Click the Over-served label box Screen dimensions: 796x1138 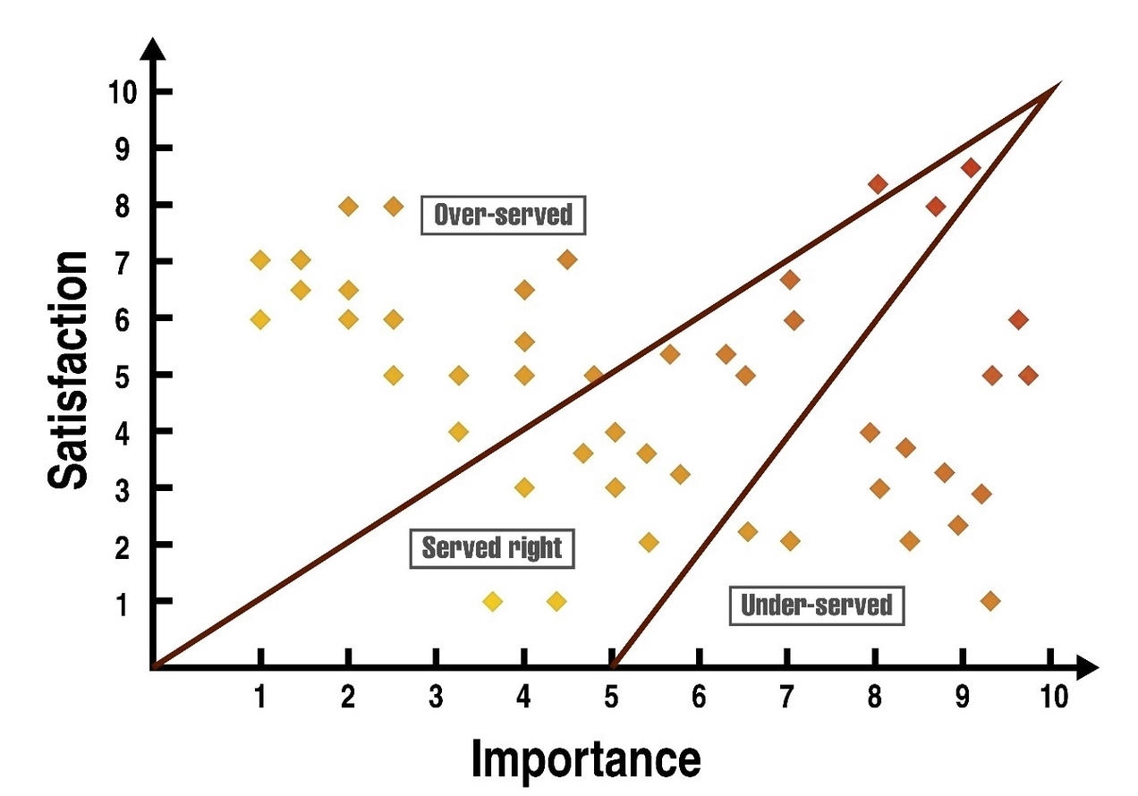tap(503, 216)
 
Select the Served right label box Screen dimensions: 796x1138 tap(491, 547)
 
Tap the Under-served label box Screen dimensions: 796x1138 tap(816, 605)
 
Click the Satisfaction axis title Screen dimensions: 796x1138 tap(69, 370)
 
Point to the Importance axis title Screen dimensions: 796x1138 tap(586, 759)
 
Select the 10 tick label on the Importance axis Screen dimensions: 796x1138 tap(1054, 697)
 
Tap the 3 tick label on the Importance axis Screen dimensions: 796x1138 tap(436, 697)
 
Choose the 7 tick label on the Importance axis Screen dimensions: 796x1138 tap(787, 697)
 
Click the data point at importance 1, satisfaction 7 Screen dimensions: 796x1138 tap(260, 260)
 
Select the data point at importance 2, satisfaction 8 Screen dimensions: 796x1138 tap(349, 207)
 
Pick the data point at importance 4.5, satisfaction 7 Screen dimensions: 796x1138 tap(567, 260)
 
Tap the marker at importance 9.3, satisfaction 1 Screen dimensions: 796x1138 tap(989, 600)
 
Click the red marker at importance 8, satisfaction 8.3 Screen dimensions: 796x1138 tap(878, 184)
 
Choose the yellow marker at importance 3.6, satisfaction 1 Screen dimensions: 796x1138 tap(492, 601)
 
